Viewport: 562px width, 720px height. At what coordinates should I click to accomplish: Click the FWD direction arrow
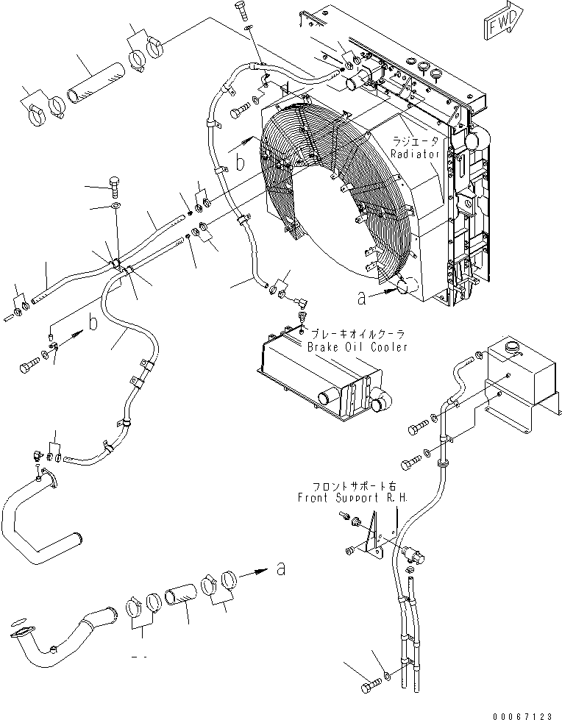click(x=503, y=22)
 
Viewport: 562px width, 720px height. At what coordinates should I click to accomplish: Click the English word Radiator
click(x=416, y=154)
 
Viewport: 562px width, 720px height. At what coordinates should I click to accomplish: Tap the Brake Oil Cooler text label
click(x=357, y=347)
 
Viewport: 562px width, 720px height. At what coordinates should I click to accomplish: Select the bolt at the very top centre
click(x=245, y=13)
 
